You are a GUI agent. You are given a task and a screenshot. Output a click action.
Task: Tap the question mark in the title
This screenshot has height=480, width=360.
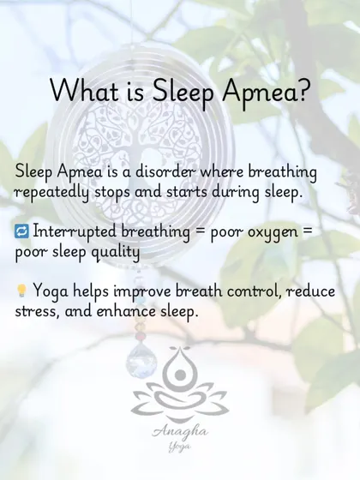point(301,90)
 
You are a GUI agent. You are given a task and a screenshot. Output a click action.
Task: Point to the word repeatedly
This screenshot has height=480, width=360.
point(51,193)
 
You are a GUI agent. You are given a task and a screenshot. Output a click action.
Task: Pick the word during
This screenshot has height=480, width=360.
point(236,193)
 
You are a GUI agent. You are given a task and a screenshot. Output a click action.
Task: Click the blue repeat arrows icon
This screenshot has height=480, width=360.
point(21,231)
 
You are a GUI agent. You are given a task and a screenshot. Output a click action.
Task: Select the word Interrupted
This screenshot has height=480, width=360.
point(75,231)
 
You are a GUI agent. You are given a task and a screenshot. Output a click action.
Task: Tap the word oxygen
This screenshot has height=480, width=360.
point(273,232)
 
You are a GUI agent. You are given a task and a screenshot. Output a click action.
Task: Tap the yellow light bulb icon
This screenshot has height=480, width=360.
point(21,291)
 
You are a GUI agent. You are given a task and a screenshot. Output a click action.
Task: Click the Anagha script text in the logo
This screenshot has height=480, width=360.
point(180,432)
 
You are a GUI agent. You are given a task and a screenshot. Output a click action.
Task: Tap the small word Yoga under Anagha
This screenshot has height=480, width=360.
point(179,447)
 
